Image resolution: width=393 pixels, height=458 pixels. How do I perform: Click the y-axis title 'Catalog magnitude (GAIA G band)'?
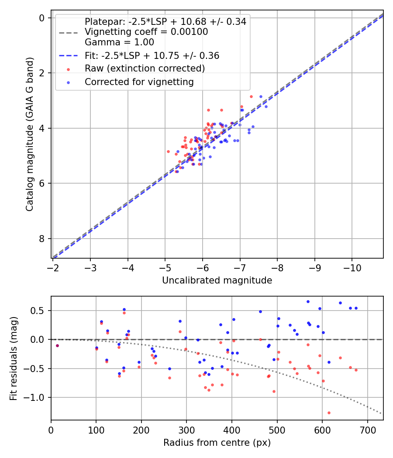(x=30, y=134)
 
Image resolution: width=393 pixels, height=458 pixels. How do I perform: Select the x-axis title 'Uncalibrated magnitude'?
(x=217, y=280)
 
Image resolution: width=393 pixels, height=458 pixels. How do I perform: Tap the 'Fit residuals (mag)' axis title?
(x=14, y=359)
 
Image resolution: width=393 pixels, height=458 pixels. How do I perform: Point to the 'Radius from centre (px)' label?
(x=217, y=443)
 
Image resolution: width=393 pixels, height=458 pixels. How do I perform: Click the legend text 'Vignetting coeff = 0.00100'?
(x=146, y=32)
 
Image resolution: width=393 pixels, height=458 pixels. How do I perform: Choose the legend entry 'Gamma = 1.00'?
(x=119, y=42)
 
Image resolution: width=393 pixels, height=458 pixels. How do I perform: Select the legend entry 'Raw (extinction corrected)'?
(x=145, y=68)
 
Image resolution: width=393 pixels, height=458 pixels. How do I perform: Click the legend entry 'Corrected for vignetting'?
(x=139, y=82)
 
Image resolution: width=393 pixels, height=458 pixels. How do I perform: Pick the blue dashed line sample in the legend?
(x=69, y=55)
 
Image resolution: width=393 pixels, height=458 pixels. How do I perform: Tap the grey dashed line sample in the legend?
(x=69, y=32)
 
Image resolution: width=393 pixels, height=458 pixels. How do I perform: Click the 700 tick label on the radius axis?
(x=368, y=430)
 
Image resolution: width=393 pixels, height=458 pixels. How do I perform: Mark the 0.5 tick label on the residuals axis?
(x=38, y=311)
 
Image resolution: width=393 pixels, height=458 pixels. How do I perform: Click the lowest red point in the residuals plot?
(x=329, y=413)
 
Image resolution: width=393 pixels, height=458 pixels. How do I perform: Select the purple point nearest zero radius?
(x=57, y=345)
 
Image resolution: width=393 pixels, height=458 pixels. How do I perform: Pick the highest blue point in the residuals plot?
(x=308, y=301)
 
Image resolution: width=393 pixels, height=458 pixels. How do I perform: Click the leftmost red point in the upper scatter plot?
(x=168, y=152)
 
